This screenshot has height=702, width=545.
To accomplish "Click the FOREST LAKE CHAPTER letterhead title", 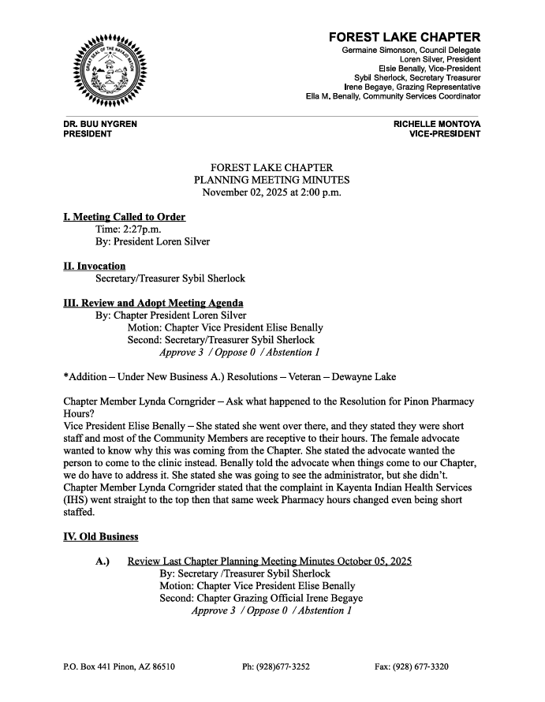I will [x=404, y=37].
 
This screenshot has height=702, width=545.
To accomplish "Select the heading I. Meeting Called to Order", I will [x=124, y=217].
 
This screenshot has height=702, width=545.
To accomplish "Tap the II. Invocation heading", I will [x=94, y=266].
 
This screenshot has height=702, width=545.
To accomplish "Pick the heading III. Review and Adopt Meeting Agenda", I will [x=153, y=303].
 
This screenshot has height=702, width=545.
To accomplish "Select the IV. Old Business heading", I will [x=100, y=536].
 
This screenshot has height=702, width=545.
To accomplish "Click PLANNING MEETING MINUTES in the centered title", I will [x=272, y=180].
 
